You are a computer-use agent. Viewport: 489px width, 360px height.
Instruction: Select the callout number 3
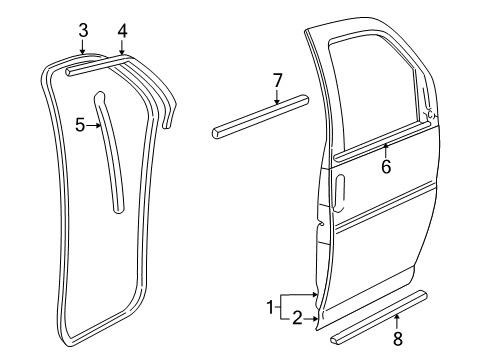tap(83, 29)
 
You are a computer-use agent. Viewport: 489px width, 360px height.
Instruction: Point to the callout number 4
tap(121, 30)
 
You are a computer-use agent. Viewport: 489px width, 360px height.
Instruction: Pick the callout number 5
tap(80, 125)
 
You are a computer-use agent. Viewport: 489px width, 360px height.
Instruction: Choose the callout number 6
tap(385, 167)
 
